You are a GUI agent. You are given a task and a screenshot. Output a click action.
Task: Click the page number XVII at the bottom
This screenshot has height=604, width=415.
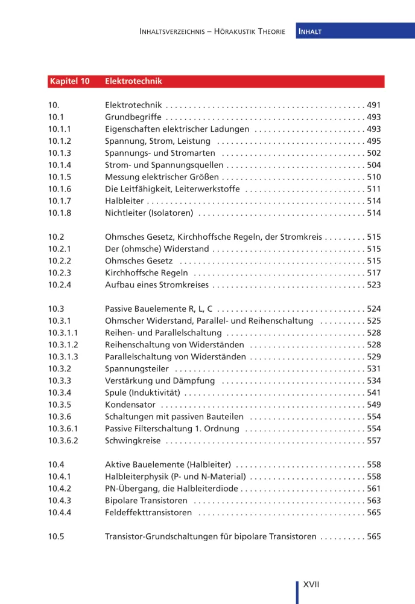pos(311,585)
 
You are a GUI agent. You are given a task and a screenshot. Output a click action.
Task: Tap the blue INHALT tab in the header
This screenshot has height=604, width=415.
pos(310,31)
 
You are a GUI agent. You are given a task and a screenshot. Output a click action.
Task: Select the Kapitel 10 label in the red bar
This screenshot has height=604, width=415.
pos(69,81)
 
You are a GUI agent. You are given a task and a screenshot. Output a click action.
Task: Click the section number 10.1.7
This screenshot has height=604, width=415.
pos(60,201)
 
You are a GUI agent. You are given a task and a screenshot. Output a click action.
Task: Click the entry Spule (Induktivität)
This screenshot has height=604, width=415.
pos(142,393)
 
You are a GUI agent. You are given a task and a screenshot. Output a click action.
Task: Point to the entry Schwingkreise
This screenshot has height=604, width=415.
pos(133,441)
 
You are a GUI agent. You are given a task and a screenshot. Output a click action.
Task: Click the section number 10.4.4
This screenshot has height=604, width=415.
pos(60,513)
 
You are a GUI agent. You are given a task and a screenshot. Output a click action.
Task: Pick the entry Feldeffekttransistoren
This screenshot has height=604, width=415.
pos(148,513)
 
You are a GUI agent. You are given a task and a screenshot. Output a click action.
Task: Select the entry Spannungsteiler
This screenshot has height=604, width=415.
pos(137,369)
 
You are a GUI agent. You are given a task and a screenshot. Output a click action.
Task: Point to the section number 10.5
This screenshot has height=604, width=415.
pos(56,536)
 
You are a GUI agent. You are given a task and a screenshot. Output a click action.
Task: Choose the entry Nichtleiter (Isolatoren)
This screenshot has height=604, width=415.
pos(149,213)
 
